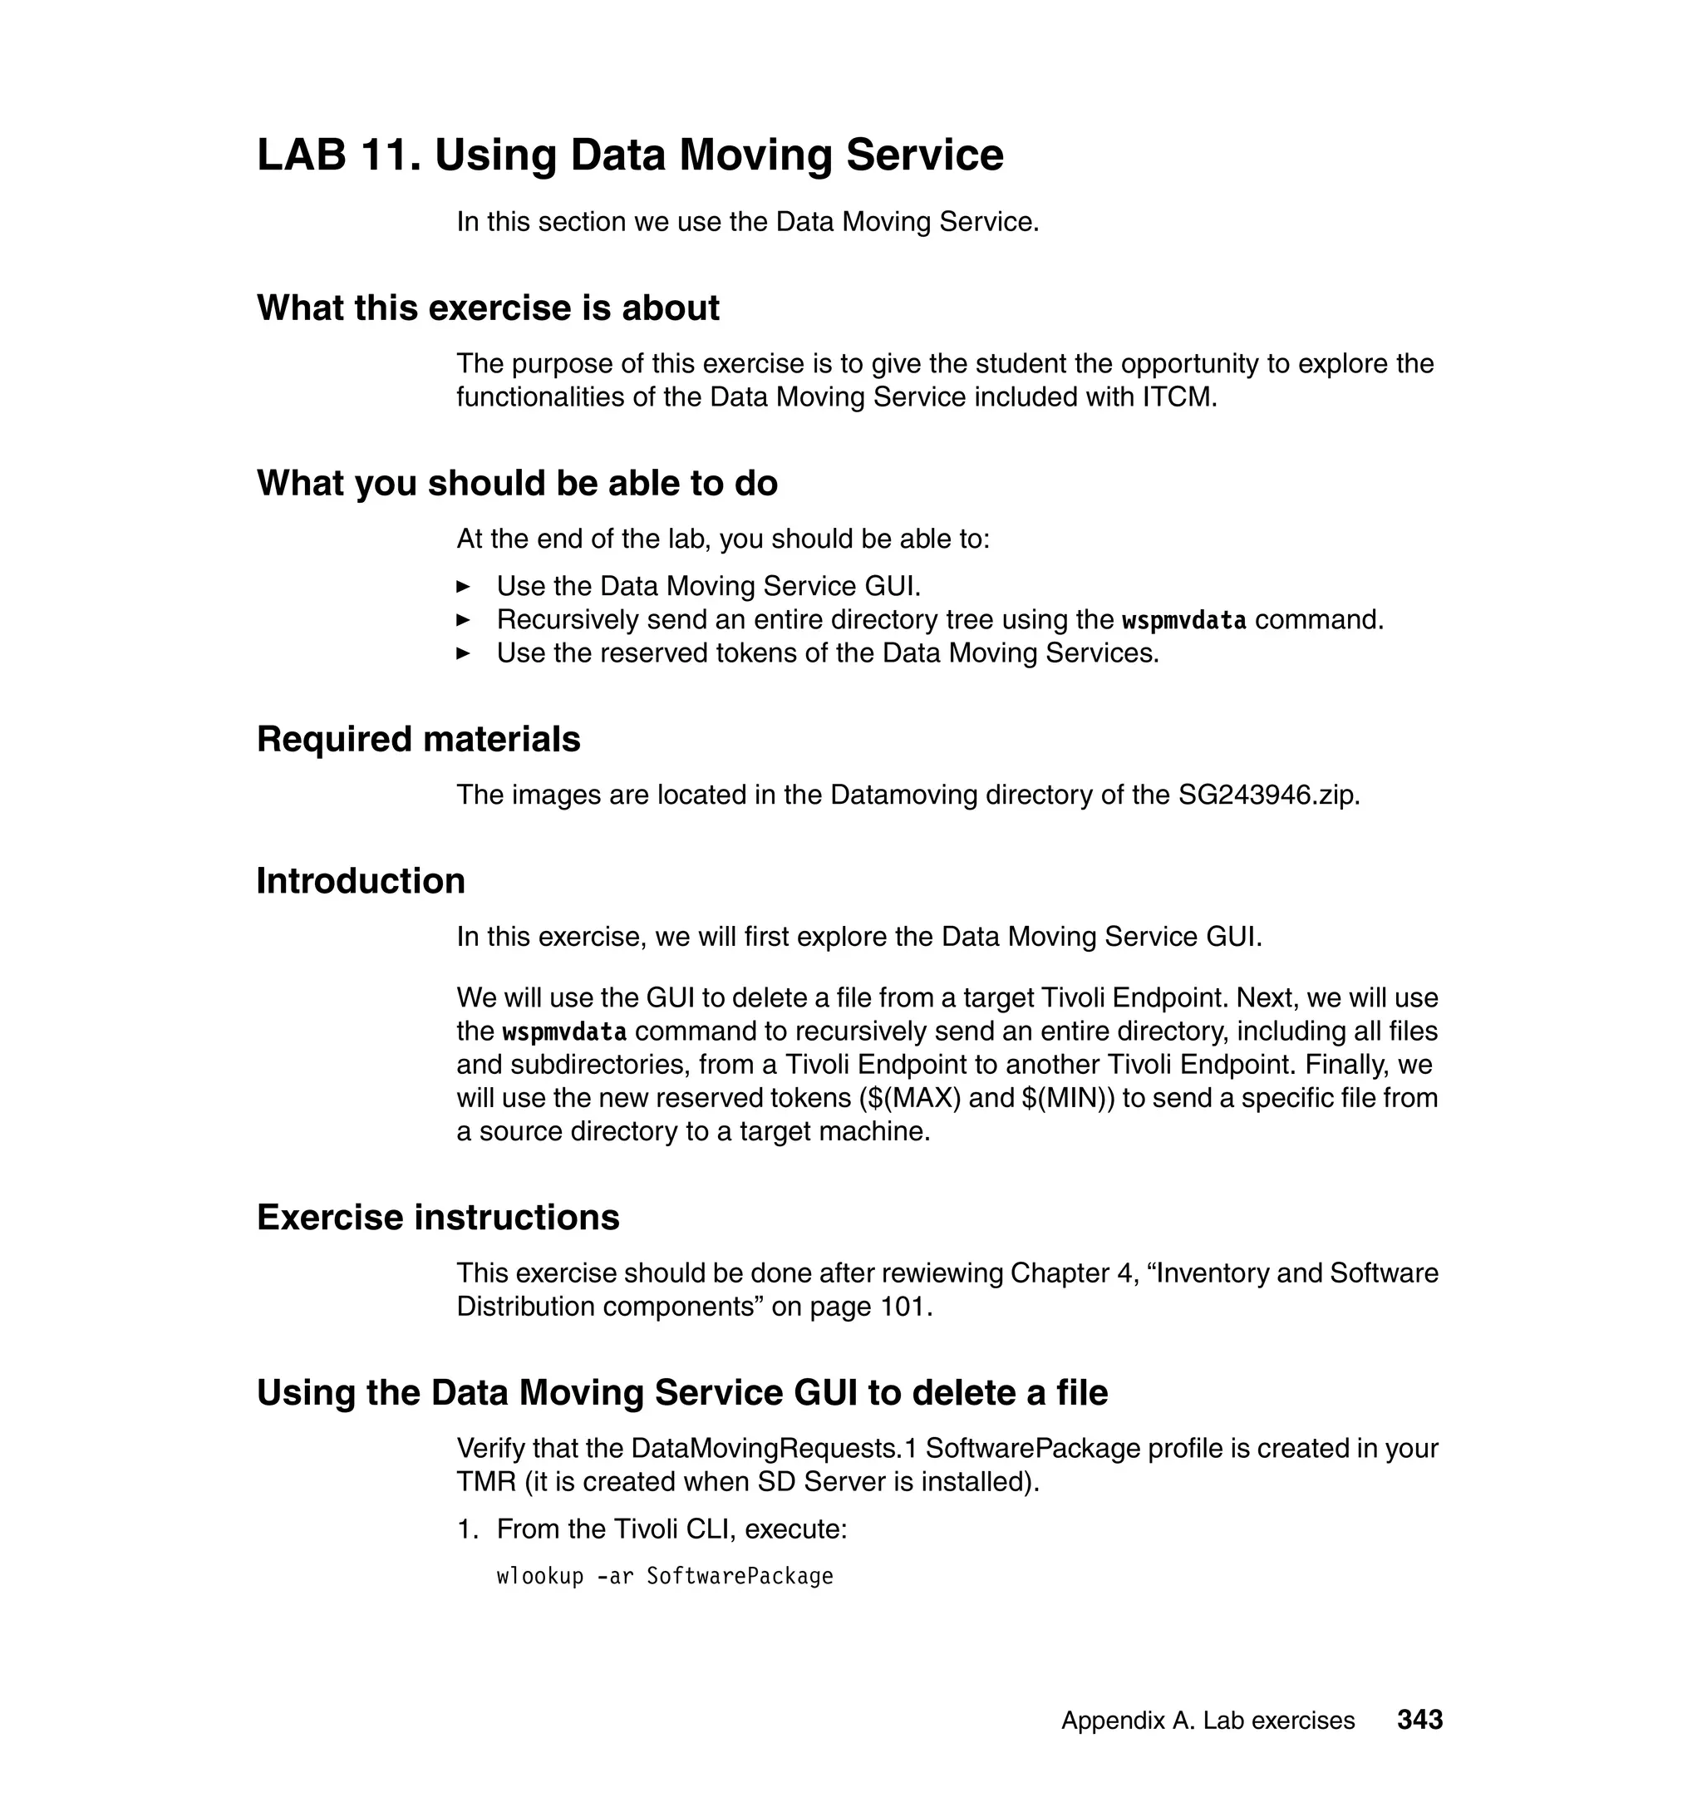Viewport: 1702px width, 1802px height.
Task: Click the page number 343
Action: (x=1419, y=1719)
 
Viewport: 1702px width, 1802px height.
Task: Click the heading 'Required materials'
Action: (x=418, y=739)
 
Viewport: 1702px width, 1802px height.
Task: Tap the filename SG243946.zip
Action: (x=1268, y=795)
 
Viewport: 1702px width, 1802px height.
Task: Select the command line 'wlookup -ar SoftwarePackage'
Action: (x=664, y=1576)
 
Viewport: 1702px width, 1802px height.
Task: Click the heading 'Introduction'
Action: (x=360, y=880)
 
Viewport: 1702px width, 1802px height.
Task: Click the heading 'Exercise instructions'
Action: (x=438, y=1217)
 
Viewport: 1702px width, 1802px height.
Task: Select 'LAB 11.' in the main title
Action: (x=338, y=155)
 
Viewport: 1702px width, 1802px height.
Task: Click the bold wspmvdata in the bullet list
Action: (x=1183, y=621)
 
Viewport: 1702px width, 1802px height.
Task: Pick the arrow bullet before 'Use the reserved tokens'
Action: (x=463, y=653)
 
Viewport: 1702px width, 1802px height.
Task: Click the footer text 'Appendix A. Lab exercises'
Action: (x=1208, y=1721)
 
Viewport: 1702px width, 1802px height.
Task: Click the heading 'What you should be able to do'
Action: (x=517, y=483)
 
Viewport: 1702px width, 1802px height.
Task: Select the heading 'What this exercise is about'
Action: (x=488, y=308)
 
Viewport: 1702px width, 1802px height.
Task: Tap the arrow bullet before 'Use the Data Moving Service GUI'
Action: (x=463, y=586)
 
